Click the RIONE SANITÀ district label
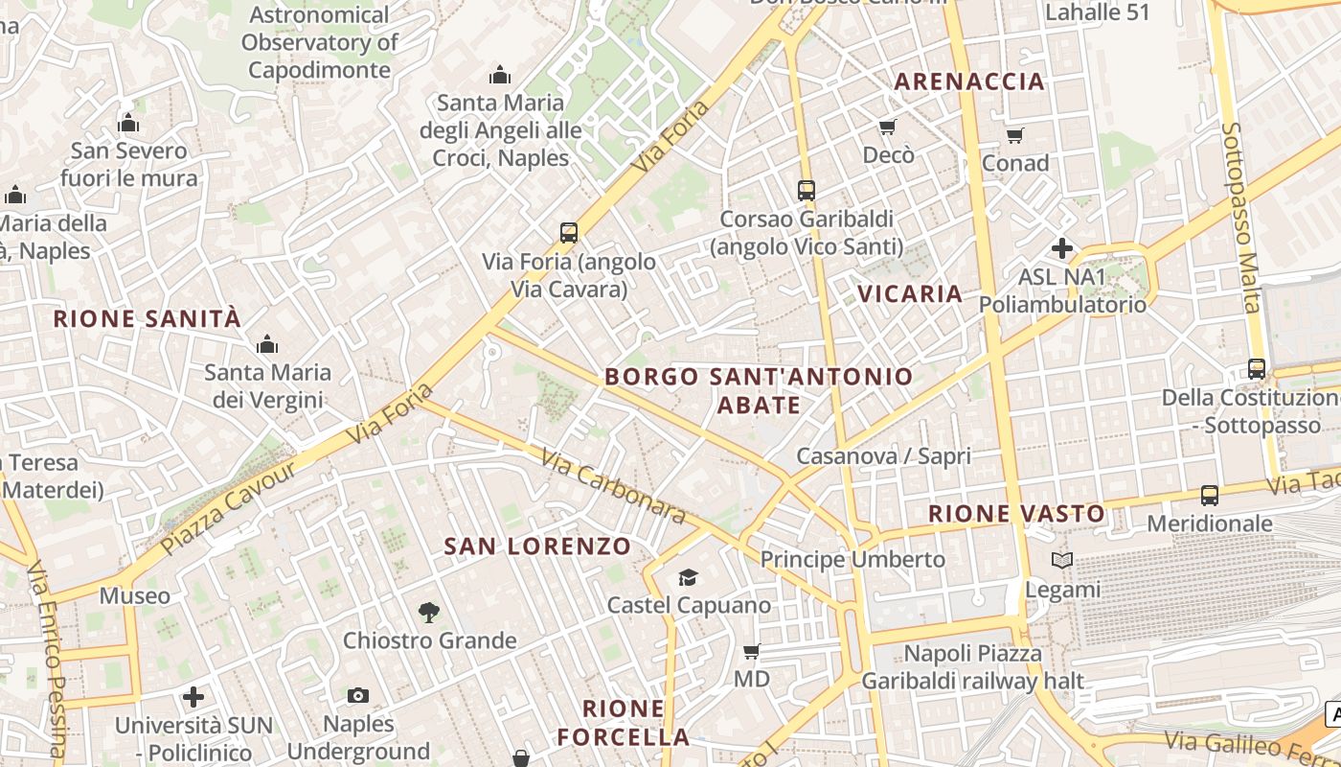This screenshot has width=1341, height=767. (x=148, y=319)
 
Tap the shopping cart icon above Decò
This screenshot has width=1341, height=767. (x=888, y=127)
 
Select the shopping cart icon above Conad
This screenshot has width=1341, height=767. (x=1015, y=135)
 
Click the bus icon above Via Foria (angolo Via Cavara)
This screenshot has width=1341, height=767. (x=569, y=232)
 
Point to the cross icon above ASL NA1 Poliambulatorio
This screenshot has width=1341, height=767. (x=1061, y=249)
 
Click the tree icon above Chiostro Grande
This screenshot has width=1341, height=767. (x=429, y=612)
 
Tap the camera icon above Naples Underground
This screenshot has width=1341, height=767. (x=358, y=695)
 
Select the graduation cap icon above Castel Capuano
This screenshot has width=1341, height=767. (x=688, y=577)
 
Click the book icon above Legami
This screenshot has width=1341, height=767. (x=1061, y=561)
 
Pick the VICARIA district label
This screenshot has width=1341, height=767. (x=910, y=293)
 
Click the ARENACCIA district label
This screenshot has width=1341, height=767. (x=969, y=81)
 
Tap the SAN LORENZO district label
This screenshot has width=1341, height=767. (x=537, y=546)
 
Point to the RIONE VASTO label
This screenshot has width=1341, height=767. (x=1016, y=514)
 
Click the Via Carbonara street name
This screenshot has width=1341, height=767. (x=613, y=487)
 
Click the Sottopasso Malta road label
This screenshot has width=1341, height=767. (x=1242, y=217)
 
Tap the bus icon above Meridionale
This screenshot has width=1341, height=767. (x=1210, y=496)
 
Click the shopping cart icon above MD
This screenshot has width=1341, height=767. (x=752, y=652)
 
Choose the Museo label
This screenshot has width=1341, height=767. (x=135, y=596)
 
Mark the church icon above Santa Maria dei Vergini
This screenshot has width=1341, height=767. (x=267, y=344)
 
